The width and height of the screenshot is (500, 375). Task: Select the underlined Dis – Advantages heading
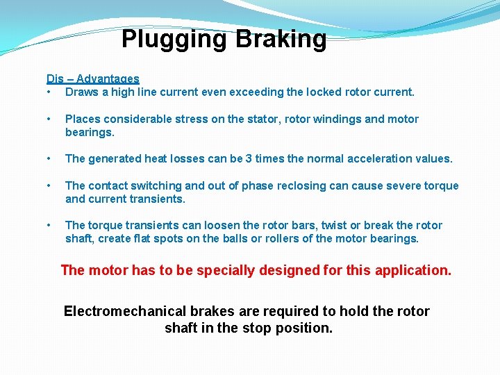coord(93,79)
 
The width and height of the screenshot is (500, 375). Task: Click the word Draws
coord(82,92)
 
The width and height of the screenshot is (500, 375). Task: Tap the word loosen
coord(211,226)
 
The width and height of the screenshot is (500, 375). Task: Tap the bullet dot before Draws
coord(49,92)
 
